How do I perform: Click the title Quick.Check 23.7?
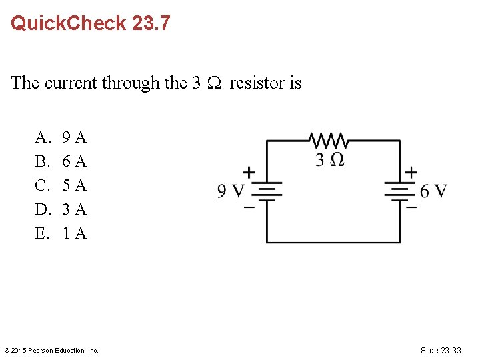pyautogui.click(x=90, y=23)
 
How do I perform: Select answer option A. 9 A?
pyautogui.click(x=61, y=138)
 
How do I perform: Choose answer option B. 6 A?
pyautogui.click(x=61, y=161)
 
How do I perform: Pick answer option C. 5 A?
pyautogui.click(x=61, y=185)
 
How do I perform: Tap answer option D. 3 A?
pyautogui.click(x=61, y=209)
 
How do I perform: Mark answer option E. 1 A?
pyautogui.click(x=61, y=233)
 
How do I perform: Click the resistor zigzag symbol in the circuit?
pyautogui.click(x=328, y=141)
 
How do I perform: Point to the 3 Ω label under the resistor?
pyautogui.click(x=329, y=160)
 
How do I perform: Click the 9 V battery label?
pyautogui.click(x=231, y=192)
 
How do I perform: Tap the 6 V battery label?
pyautogui.click(x=433, y=192)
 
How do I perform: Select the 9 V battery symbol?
pyautogui.click(x=267, y=192)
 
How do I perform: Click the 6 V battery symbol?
pyautogui.click(x=400, y=192)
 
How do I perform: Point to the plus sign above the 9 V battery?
pyautogui.click(x=249, y=172)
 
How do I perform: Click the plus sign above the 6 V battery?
pyautogui.click(x=411, y=172)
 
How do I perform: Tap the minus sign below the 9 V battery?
pyautogui.click(x=249, y=207)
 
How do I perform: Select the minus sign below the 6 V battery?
pyautogui.click(x=411, y=207)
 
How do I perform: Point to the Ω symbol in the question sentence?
pyautogui.click(x=215, y=83)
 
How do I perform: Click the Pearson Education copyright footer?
pyautogui.click(x=51, y=350)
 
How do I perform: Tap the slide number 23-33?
pyautogui.click(x=441, y=350)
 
